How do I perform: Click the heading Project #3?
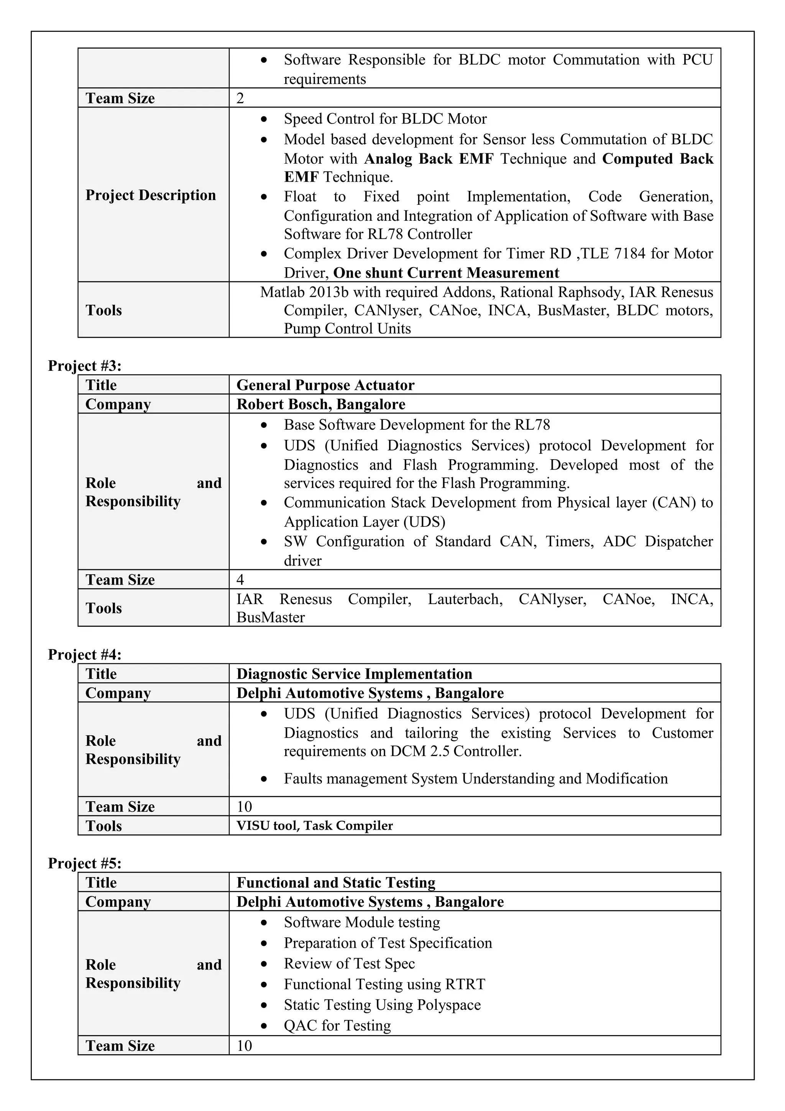point(85,366)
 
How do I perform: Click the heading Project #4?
point(85,655)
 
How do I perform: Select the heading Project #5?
point(85,863)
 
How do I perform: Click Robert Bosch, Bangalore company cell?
point(321,404)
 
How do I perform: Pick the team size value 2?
point(240,98)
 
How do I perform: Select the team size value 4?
point(240,580)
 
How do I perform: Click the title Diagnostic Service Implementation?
point(354,674)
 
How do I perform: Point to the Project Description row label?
point(150,195)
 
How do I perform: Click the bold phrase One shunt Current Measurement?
point(446,273)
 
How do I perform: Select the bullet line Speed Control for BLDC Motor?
point(385,118)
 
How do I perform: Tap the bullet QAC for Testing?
point(337,1026)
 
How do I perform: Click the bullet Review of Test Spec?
point(349,963)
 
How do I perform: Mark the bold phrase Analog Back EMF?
point(429,159)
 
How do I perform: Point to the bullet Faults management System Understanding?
point(475,779)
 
